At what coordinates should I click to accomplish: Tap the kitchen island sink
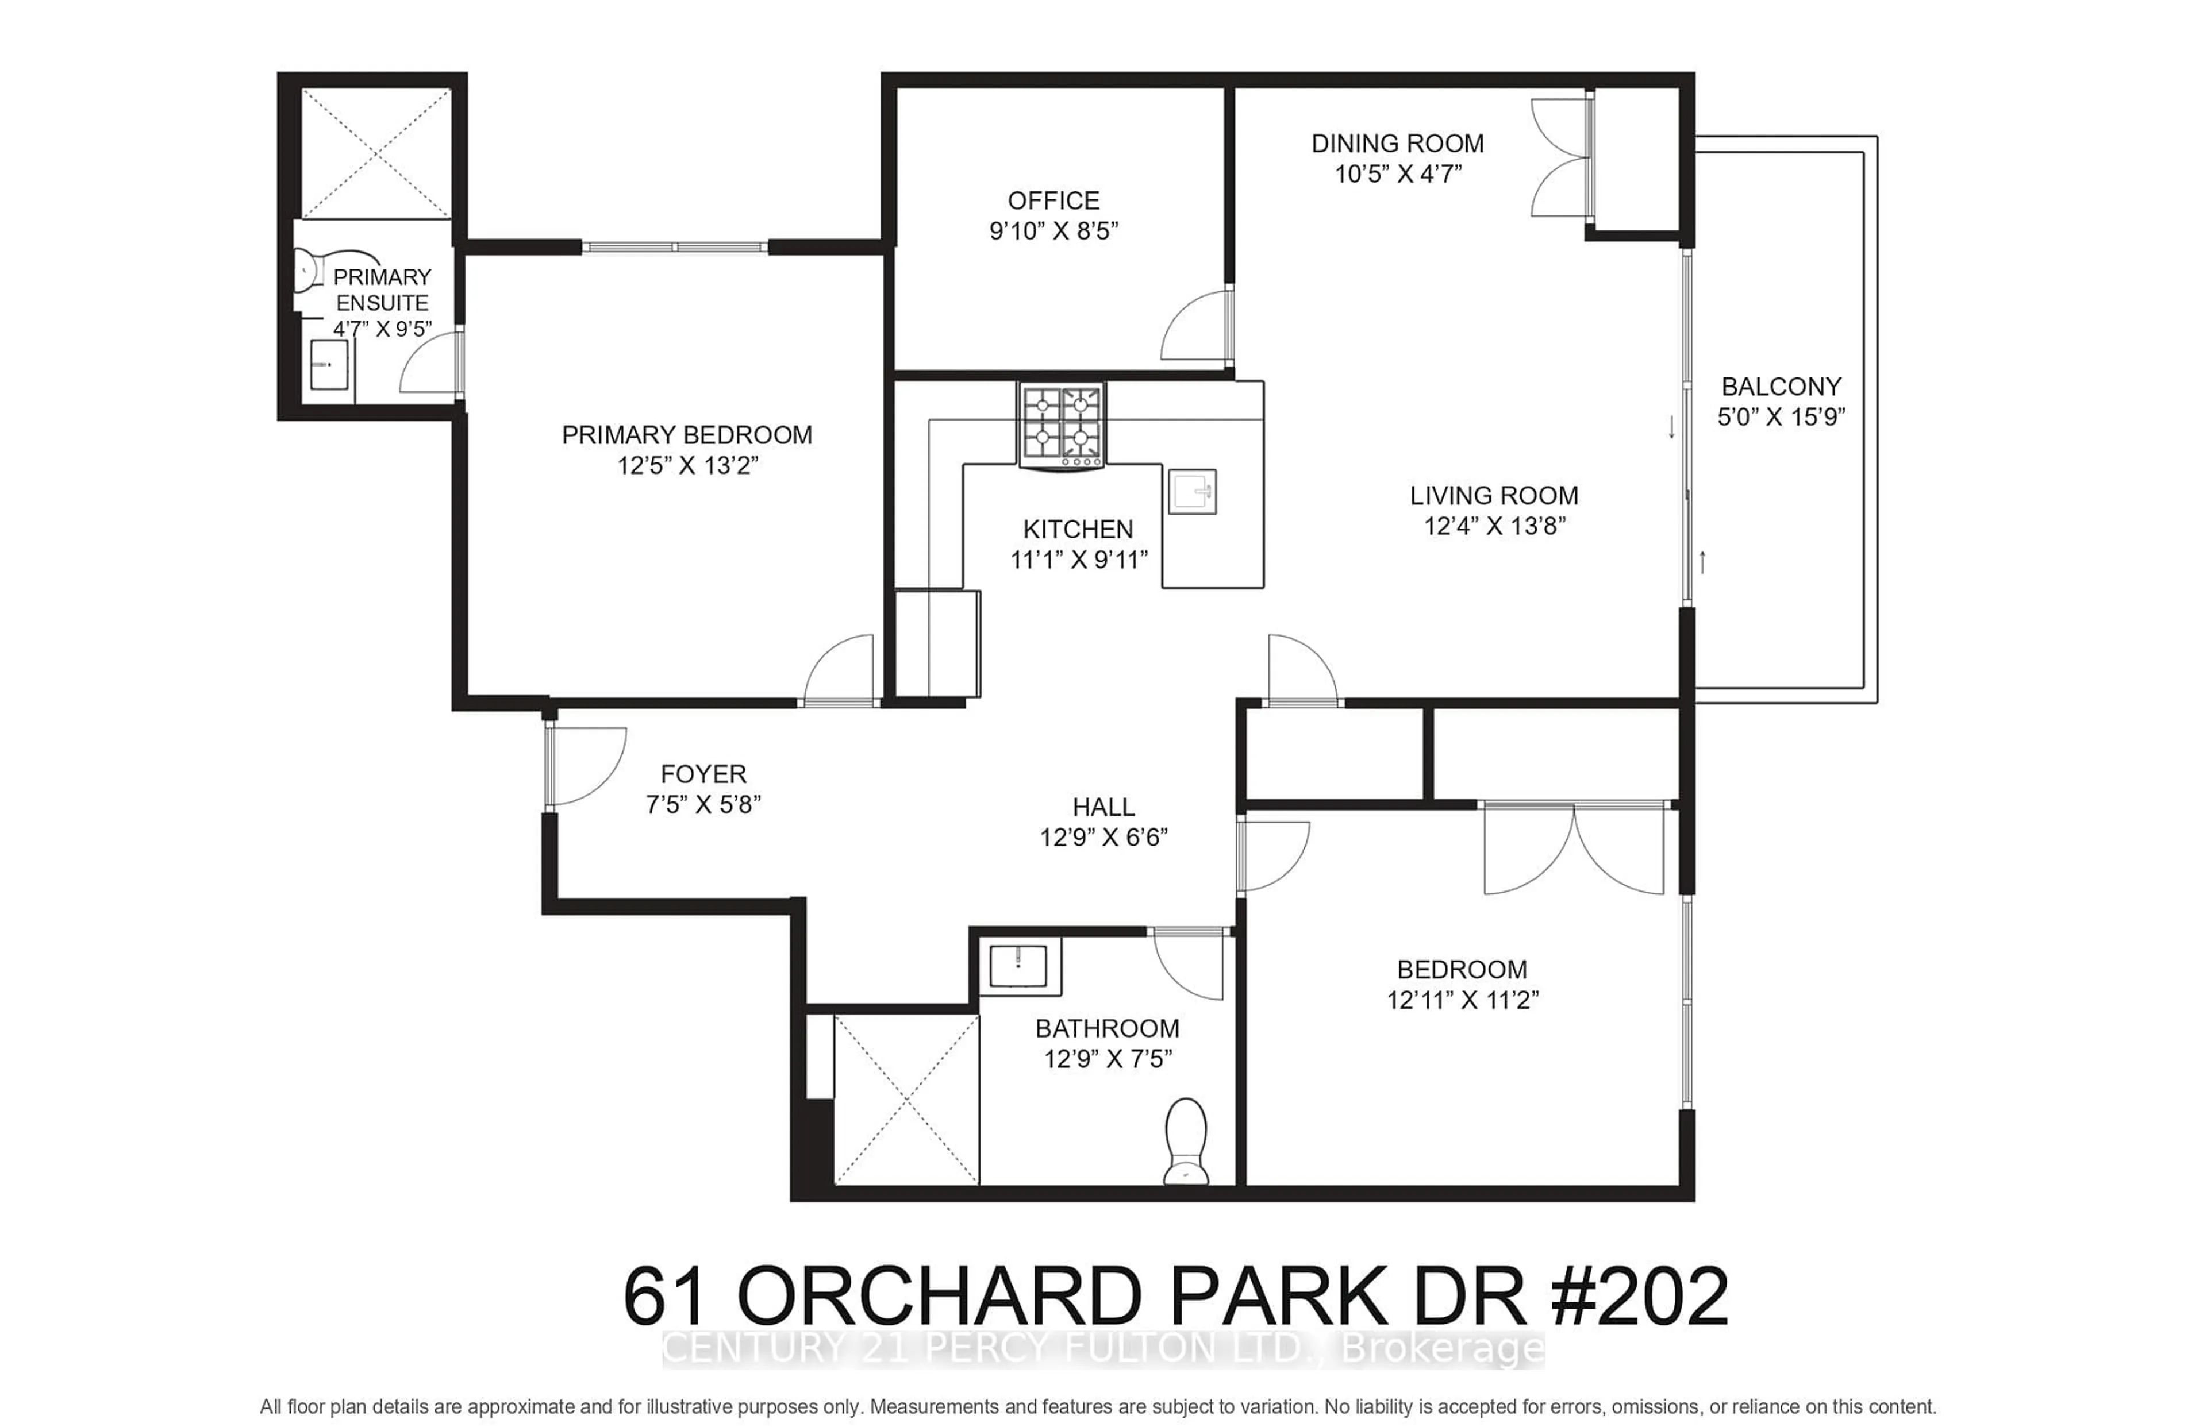(1192, 491)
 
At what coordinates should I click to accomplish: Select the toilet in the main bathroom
(1186, 1141)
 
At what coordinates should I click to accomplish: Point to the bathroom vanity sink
(1018, 966)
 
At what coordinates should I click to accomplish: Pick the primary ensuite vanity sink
(328, 364)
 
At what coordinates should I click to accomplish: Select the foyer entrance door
(584, 765)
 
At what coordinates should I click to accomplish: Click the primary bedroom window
(675, 246)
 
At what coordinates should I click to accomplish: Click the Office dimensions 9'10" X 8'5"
(1054, 231)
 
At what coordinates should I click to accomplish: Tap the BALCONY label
(1781, 387)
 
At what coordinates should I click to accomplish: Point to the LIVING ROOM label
(1493, 496)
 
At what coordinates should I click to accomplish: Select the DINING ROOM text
(1397, 144)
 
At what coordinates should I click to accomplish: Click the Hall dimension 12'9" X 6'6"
(1103, 838)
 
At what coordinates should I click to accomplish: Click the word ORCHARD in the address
(938, 1297)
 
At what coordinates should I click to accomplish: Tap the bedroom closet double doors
(1573, 848)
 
